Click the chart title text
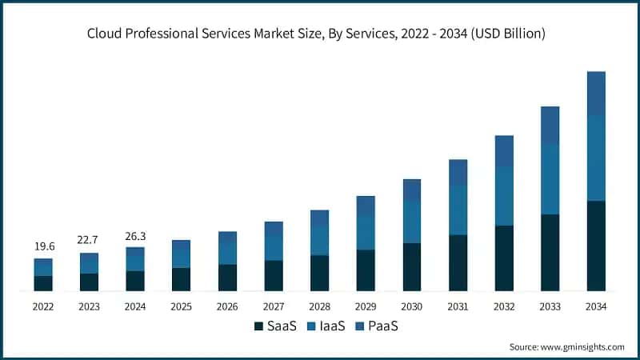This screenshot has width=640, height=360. tap(320, 33)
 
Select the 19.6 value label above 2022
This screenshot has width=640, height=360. tap(43, 246)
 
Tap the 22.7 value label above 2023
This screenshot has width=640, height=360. tap(90, 241)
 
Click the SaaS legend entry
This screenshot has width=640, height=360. tap(277, 326)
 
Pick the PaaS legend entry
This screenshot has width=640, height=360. tap(376, 326)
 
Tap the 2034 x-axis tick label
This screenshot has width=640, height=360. tap(596, 306)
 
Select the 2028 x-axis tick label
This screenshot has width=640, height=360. tap(319, 306)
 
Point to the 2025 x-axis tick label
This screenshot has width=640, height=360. tap(181, 306)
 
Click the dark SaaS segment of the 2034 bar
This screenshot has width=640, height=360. tap(596, 246)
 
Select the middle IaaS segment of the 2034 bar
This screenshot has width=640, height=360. tap(596, 158)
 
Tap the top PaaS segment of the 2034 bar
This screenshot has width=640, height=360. tap(596, 93)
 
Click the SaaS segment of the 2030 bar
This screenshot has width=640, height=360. tap(412, 266)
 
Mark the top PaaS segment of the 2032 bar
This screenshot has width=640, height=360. tap(504, 151)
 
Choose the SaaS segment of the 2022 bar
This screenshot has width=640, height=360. tap(43, 283)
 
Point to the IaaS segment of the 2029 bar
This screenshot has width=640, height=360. tap(366, 232)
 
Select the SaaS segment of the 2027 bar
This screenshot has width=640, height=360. tap(274, 275)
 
